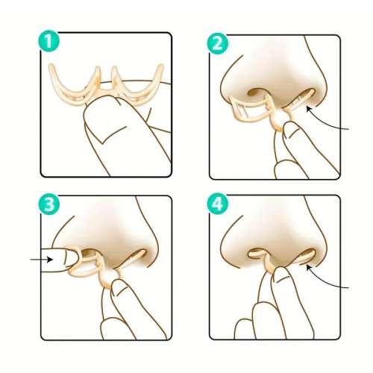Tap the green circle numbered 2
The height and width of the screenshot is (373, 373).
[218, 44]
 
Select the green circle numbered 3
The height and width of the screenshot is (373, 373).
[49, 204]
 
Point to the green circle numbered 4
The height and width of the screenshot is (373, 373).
[218, 204]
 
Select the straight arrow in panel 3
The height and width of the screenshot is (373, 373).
[42, 260]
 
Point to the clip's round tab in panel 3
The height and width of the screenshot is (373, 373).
[109, 278]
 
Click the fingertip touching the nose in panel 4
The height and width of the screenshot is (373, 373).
[282, 274]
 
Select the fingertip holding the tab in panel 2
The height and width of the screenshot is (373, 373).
[292, 131]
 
